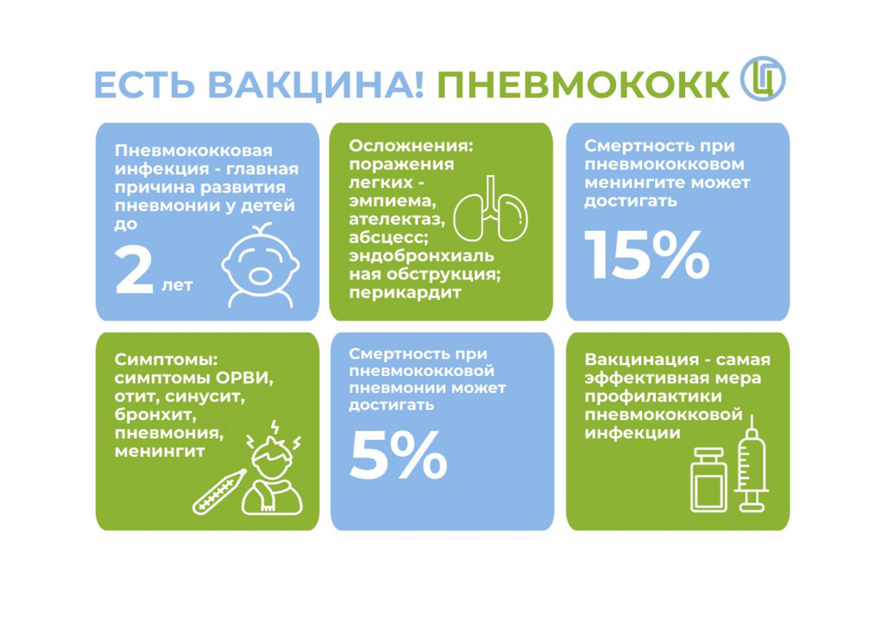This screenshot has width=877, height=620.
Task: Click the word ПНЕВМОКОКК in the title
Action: (x=582, y=85)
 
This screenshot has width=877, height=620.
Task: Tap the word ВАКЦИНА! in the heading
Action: (x=316, y=85)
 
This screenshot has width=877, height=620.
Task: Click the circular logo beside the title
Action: (x=762, y=79)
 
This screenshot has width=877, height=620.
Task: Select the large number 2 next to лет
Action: (x=133, y=270)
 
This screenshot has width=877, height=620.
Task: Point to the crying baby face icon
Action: (x=260, y=265)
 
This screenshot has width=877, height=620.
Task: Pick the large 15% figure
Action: (x=646, y=255)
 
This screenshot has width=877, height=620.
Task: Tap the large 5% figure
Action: (x=398, y=455)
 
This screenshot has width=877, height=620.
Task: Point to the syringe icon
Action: (x=751, y=464)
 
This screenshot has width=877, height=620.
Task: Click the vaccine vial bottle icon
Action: (x=708, y=480)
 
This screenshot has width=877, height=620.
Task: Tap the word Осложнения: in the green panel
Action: (x=411, y=146)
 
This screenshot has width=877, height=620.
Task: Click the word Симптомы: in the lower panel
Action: (x=166, y=360)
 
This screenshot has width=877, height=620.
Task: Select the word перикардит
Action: (x=405, y=293)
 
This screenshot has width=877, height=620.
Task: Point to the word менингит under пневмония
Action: (x=159, y=452)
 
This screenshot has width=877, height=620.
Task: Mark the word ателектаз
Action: (x=396, y=219)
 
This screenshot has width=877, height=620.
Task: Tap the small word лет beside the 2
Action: (x=177, y=285)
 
